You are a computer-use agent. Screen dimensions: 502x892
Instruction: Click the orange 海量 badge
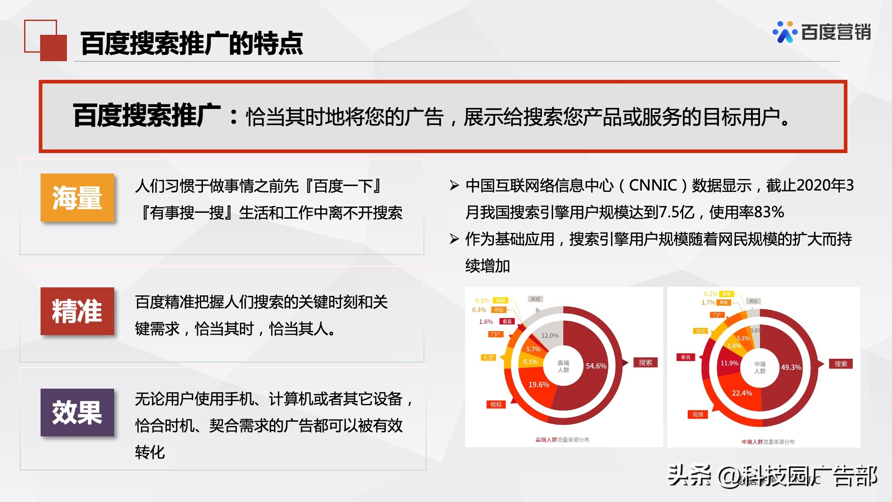77,198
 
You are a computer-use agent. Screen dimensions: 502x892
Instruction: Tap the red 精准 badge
77,311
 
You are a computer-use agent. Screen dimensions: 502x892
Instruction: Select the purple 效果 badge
77,412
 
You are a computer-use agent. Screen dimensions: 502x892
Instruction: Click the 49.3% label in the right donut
791,367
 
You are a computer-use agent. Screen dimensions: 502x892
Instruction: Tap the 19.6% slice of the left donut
538,385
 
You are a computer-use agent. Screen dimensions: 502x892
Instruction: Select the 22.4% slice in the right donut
742,393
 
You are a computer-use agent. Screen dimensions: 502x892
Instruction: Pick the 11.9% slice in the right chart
729,363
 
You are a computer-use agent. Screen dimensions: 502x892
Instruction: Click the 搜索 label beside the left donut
645,363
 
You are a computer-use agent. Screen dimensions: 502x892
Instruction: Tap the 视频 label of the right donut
698,415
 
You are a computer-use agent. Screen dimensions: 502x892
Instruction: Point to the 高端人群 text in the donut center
563,366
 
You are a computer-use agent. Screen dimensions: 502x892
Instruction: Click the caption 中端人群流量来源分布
768,442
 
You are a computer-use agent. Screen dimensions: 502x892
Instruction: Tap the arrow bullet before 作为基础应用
454,239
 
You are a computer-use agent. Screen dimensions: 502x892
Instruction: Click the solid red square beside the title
54,48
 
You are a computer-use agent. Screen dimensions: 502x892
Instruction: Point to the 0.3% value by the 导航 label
479,310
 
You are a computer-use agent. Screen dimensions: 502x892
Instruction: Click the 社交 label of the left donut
488,357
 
